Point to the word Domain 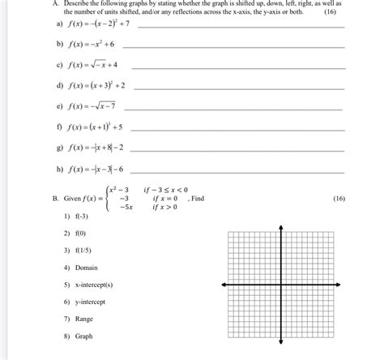pos(87,267)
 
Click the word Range pos(84,319)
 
